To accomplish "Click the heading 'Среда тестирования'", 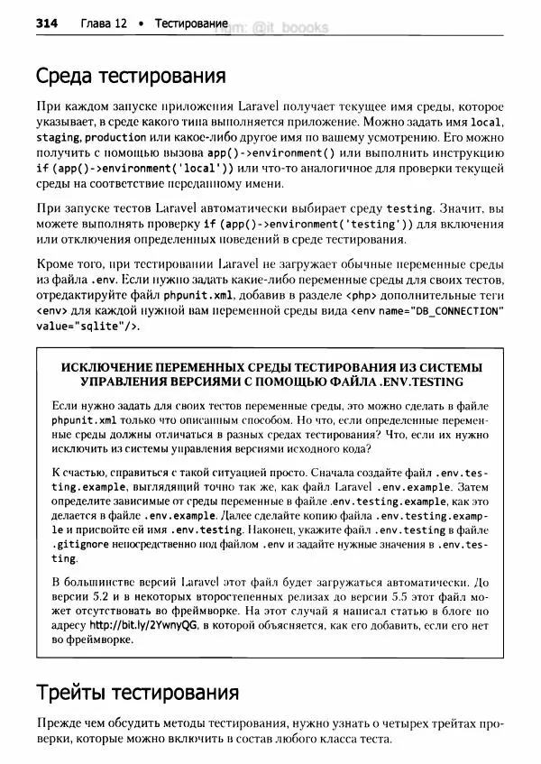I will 130,74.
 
